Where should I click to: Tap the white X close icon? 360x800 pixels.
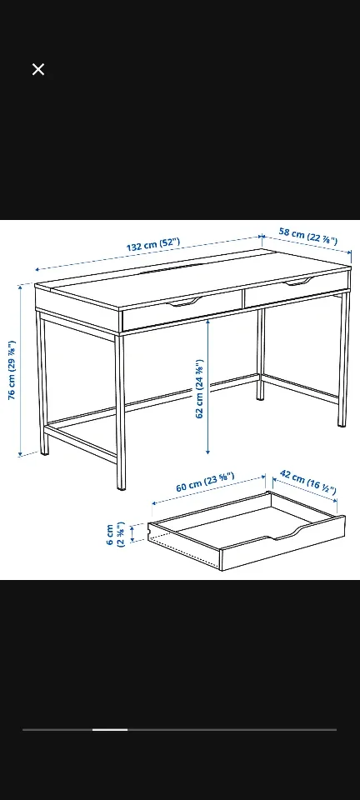38,69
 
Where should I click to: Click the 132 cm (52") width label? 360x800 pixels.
152,247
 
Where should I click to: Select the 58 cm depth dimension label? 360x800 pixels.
307,236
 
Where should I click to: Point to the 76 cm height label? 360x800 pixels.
12,370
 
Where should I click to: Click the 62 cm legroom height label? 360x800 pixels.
199,389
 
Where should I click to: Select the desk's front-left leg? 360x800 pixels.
42,383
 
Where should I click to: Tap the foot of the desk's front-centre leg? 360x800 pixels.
121,488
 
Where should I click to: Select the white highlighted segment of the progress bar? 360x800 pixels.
109,729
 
